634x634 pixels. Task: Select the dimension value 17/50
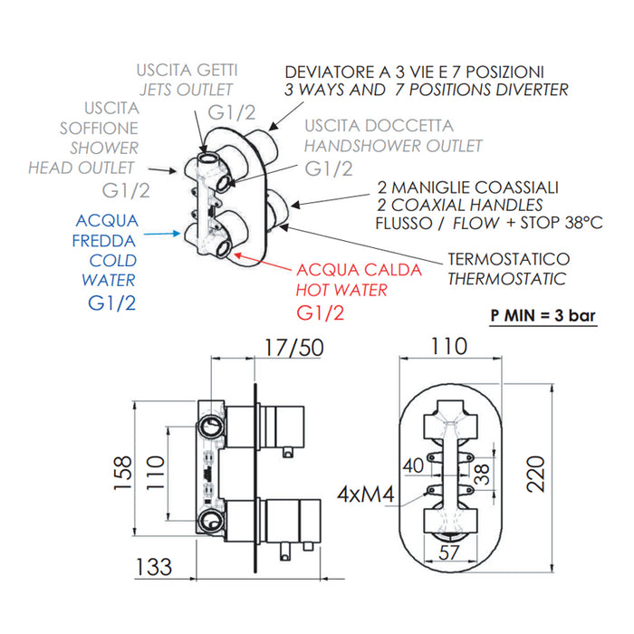(x=291, y=347)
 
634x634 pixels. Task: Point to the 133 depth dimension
(x=155, y=567)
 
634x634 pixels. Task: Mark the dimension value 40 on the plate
(x=412, y=466)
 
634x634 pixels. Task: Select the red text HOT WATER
(x=341, y=291)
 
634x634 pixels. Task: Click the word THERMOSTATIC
(x=506, y=280)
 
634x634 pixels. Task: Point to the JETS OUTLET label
(x=186, y=89)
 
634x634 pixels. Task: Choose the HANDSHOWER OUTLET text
(x=393, y=146)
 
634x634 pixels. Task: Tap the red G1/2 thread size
(x=321, y=313)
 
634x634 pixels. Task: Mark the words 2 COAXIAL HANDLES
(x=459, y=206)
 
